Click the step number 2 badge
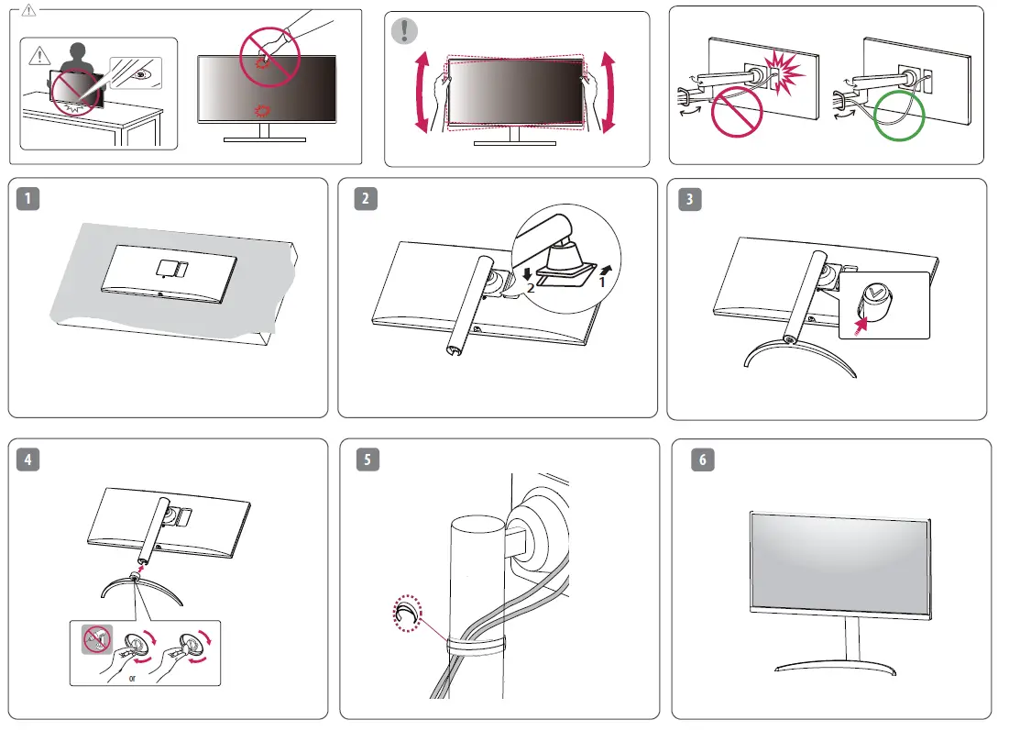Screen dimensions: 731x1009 point(367,198)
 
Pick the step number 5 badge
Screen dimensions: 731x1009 point(367,460)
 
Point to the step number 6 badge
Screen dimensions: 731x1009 point(702,460)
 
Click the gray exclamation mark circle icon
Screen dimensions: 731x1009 point(403,31)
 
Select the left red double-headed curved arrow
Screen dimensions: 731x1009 point(421,93)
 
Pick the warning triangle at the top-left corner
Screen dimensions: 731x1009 point(29,12)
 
